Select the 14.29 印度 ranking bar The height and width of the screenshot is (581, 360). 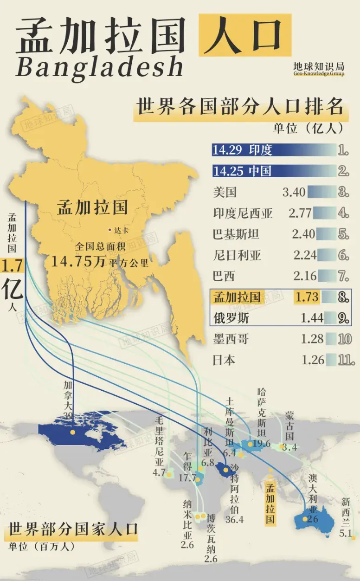273,150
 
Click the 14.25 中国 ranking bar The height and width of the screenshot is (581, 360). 273,171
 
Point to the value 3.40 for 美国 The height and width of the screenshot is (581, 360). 294,192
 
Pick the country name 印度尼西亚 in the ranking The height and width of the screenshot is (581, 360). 243,213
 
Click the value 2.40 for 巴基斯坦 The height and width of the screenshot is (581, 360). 303,234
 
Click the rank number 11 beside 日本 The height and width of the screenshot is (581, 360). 346,360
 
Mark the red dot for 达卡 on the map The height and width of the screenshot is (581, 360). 109,229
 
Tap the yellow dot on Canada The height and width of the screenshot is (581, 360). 73,432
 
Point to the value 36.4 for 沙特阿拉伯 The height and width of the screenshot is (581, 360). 234,519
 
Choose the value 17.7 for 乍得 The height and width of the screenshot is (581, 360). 187,478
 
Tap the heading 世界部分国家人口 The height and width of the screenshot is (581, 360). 73,529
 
